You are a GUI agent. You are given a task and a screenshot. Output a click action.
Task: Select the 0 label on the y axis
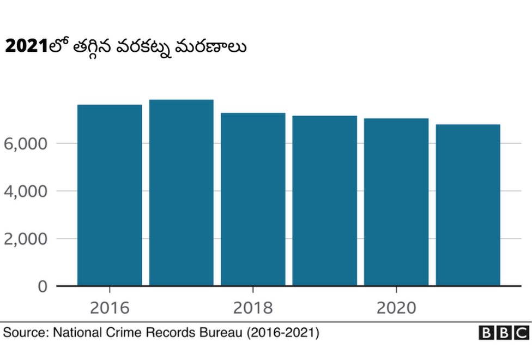43,286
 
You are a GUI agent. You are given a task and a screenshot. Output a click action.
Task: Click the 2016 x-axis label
110,308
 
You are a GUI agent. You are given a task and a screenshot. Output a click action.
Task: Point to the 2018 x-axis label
253,308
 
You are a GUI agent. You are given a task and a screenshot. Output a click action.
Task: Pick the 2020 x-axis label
396,308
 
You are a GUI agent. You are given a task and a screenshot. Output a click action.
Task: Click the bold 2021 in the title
25,47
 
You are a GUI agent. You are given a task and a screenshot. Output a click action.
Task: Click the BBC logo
504,332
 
